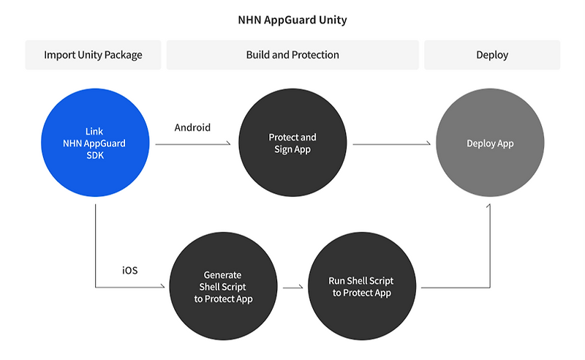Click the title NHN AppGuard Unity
tap(292, 20)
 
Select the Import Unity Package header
tap(93, 55)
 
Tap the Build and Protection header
tap(292, 55)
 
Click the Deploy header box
tap(491, 55)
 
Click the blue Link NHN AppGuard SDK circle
tap(95, 143)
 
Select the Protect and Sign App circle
tap(292, 143)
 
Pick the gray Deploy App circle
tap(490, 143)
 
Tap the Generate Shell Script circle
tap(222, 287)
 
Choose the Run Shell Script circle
tap(362, 287)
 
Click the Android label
tap(192, 127)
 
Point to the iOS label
tap(129, 270)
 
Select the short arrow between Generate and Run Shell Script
tap(292, 288)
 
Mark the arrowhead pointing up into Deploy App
tap(489, 207)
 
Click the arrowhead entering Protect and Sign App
tap(235, 144)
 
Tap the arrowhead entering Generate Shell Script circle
tap(165, 288)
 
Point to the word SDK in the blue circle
tap(95, 155)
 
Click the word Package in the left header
tap(122, 55)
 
